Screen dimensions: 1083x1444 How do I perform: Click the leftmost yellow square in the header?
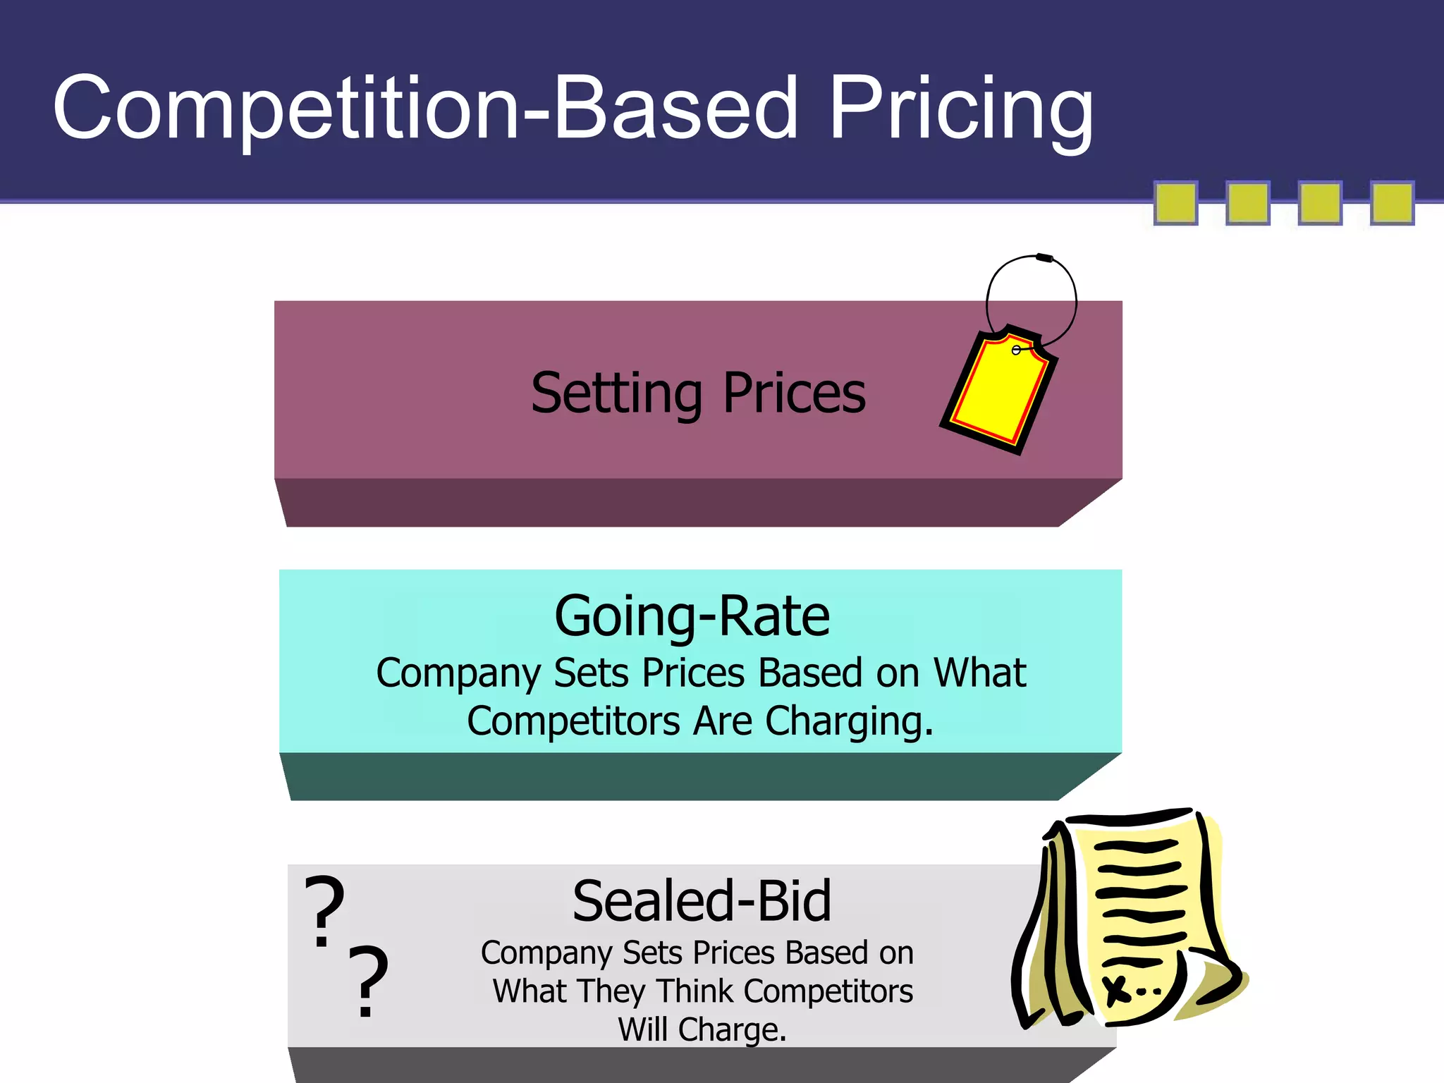pos(1175,203)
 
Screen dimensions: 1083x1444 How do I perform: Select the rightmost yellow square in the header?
pos(1392,203)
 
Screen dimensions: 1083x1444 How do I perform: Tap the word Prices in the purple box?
pos(794,393)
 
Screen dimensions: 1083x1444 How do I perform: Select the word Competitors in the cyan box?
pos(573,722)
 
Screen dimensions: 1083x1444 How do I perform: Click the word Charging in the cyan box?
pos(848,722)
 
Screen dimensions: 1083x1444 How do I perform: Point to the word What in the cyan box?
pos(979,673)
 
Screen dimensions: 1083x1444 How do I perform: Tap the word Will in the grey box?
pos(643,1029)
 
